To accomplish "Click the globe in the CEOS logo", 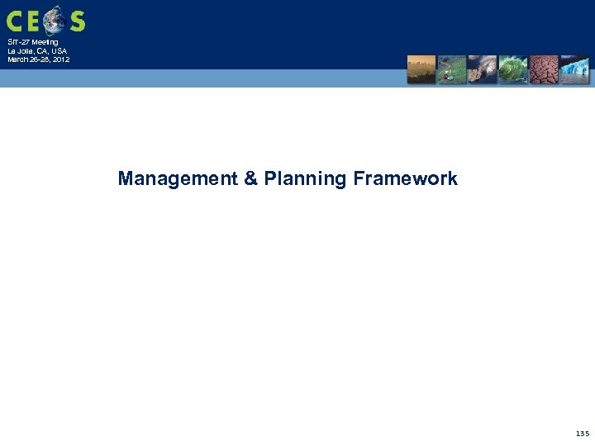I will [x=54, y=20].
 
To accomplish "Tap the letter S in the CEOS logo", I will [x=77, y=21].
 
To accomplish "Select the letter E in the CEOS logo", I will [x=34, y=21].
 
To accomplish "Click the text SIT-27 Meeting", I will [x=33, y=42].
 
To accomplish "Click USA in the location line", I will [x=59, y=51].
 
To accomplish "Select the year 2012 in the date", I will [x=60, y=59].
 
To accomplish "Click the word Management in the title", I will [x=178, y=179].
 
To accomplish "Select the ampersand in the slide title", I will [x=251, y=179].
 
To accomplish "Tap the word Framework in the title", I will [x=405, y=179].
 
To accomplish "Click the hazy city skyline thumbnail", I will [x=421, y=69].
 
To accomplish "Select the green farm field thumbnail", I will [x=452, y=69].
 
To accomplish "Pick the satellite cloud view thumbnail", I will [x=483, y=69].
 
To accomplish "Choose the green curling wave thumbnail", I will [x=513, y=69].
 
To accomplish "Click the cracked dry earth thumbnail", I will [x=544, y=69].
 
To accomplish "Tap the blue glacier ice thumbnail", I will [x=574, y=69].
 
